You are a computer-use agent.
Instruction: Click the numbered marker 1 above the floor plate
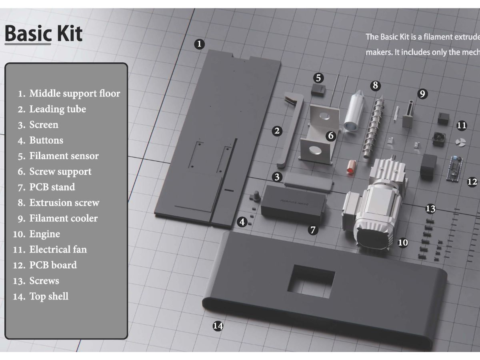[200, 44]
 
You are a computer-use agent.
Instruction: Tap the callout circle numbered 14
[218, 326]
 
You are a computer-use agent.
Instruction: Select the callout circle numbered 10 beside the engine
[403, 242]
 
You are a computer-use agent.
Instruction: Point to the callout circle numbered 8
[375, 85]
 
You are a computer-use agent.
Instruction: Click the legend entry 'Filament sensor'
[64, 156]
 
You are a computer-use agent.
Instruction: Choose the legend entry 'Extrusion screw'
[64, 203]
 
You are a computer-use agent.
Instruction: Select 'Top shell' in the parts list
[49, 296]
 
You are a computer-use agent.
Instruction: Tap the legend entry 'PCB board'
[53, 265]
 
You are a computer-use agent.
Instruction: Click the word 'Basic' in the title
[28, 34]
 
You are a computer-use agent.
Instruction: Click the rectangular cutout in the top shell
[311, 282]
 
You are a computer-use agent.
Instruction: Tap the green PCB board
[454, 168]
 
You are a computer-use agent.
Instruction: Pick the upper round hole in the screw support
[324, 116]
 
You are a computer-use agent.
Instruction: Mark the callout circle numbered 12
[472, 182]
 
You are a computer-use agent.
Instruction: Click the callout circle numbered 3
[277, 177]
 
